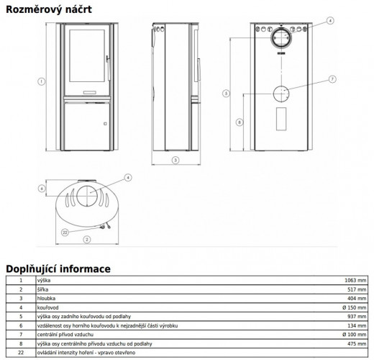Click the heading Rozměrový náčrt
point(49,9)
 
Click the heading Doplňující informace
point(58,269)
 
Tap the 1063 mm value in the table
point(355,280)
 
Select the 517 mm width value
point(357,289)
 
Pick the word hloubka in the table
point(46,298)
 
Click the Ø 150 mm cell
point(355,307)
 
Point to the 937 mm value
point(357,317)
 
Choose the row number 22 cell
point(21,353)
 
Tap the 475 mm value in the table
point(357,343)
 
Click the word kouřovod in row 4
point(47,307)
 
